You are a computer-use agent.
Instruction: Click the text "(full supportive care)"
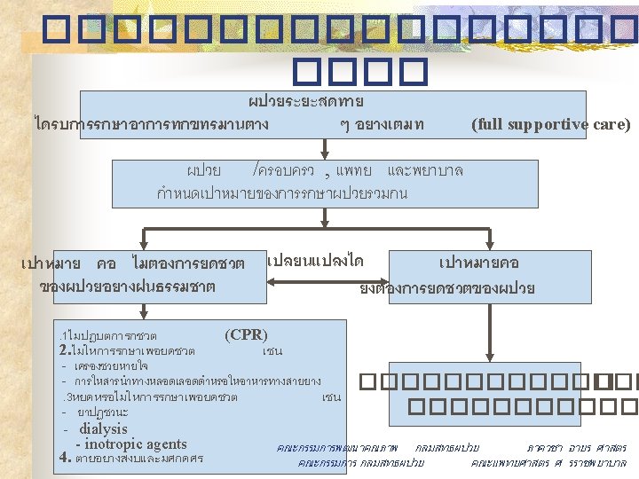pyautogui.click(x=550, y=124)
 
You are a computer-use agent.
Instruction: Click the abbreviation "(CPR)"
pyautogui.click(x=246, y=334)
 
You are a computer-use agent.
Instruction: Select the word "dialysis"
pyautogui.click(x=103, y=428)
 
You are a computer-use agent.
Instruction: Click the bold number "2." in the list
pyautogui.click(x=63, y=349)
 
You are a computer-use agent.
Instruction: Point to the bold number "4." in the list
pyautogui.click(x=63, y=459)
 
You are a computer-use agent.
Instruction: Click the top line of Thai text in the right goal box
pyautogui.click(x=479, y=263)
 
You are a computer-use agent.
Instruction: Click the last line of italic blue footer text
pyautogui.click(x=461, y=462)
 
